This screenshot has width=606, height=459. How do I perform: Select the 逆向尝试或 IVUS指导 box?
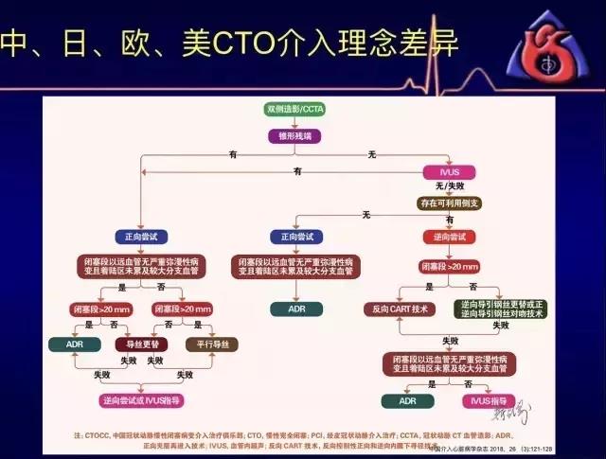click(x=141, y=400)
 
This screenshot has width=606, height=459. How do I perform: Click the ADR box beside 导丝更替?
click(x=76, y=344)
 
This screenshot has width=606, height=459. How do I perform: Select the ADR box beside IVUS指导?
click(x=407, y=400)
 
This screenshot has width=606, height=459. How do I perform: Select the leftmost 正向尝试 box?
click(x=139, y=237)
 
